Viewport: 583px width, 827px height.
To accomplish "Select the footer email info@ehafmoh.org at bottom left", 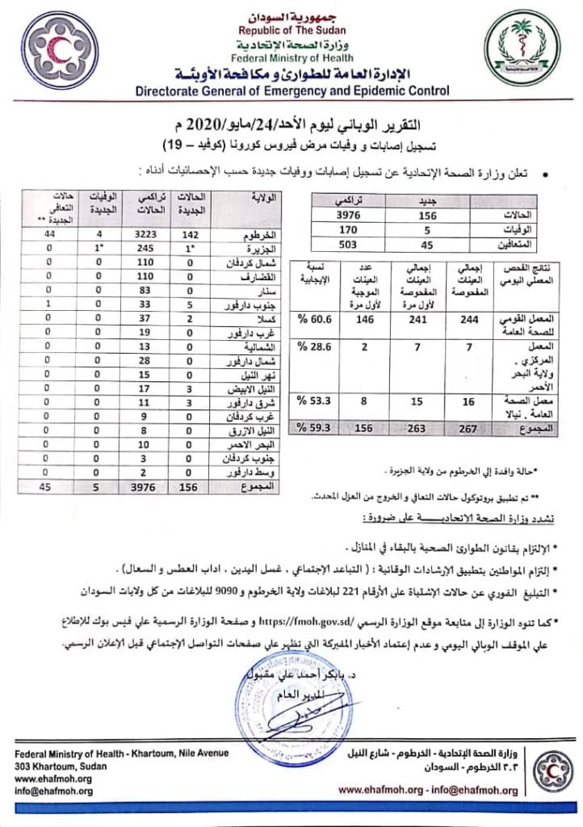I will point(54,791).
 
